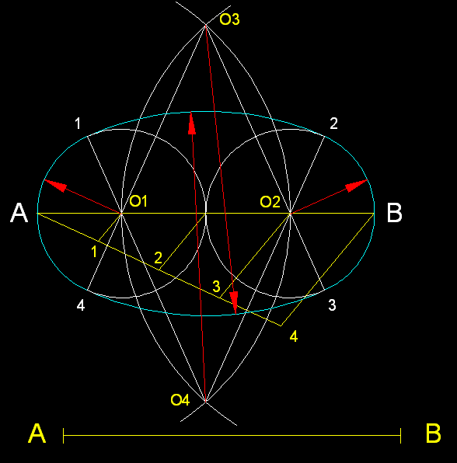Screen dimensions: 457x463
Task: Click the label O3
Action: pyautogui.click(x=229, y=19)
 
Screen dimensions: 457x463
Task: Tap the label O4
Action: pyautogui.click(x=180, y=400)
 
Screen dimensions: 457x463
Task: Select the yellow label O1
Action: pyautogui.click(x=138, y=201)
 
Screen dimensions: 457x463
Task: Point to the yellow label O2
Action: pyautogui.click(x=270, y=202)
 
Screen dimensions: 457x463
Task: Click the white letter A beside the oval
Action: pyautogui.click(x=19, y=213)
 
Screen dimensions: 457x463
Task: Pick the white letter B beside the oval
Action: pyautogui.click(x=394, y=213)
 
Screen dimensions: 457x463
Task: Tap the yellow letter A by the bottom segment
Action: pyautogui.click(x=37, y=433)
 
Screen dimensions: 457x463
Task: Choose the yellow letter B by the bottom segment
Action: pyautogui.click(x=434, y=433)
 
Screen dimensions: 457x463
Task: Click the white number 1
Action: pyautogui.click(x=78, y=124)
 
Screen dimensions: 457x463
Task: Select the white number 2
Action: pyautogui.click(x=333, y=124)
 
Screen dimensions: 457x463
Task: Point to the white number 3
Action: pyautogui.click(x=332, y=305)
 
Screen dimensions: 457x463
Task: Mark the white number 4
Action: pyautogui.click(x=81, y=305)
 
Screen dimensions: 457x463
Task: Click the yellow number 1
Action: pyautogui.click(x=94, y=252)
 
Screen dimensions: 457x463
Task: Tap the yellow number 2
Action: pyautogui.click(x=159, y=258)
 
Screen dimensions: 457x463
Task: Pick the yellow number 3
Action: pyautogui.click(x=217, y=286)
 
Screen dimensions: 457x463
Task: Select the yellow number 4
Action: pyautogui.click(x=293, y=336)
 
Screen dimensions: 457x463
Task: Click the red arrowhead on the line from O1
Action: pyautogui.click(x=55, y=185)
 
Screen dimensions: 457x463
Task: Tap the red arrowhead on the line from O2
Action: pyautogui.click(x=357, y=185)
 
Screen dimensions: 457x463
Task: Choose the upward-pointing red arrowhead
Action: pyautogui.click(x=192, y=124)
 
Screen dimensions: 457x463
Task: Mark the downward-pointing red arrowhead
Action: pyautogui.click(x=234, y=303)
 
